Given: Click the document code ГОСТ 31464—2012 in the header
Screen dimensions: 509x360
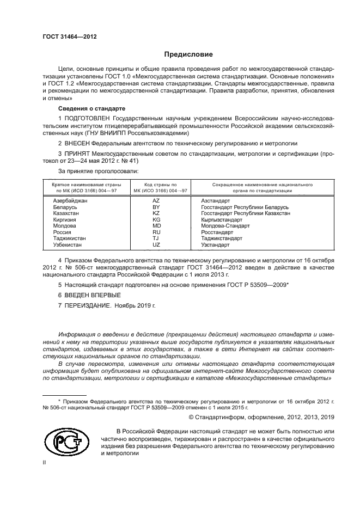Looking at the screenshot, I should tap(69, 36).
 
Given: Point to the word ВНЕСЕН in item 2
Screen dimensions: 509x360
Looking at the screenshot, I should tap(80, 143).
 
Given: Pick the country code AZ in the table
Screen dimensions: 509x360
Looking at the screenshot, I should tap(156, 201).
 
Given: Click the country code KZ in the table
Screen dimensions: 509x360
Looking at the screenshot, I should tap(156, 213).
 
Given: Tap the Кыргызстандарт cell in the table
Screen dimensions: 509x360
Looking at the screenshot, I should tap(222, 219).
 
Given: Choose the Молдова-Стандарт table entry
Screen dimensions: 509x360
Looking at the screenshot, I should tap(224, 225).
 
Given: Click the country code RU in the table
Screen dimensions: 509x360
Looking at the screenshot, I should tap(156, 232).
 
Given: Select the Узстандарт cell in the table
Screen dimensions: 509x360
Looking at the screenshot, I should tap(216, 244).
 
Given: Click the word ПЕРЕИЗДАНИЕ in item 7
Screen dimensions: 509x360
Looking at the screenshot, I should tap(89, 305).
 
